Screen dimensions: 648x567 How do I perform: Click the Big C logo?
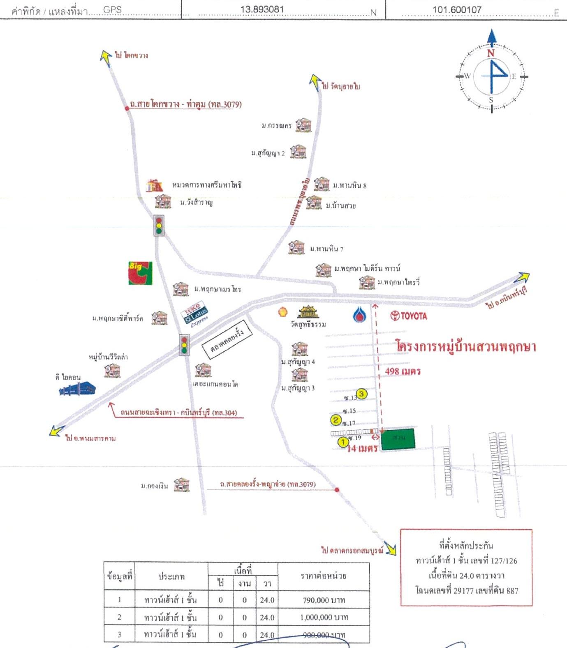click(140, 273)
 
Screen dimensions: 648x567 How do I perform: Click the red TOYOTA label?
click(409, 316)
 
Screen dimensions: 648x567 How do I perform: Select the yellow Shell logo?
click(282, 312)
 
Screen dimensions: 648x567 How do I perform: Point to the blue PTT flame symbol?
click(360, 315)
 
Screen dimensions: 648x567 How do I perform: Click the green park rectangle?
click(398, 439)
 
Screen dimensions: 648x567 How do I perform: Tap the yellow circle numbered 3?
click(361, 394)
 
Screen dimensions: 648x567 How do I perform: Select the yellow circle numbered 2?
click(336, 420)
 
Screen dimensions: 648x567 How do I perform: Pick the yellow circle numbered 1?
click(343, 442)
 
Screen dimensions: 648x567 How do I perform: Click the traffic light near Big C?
click(159, 226)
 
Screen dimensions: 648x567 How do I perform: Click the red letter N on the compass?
click(491, 53)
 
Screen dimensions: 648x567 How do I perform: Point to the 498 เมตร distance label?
click(403, 371)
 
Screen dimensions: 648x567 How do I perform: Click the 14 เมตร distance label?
click(362, 448)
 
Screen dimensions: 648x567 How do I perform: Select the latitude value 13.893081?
click(262, 9)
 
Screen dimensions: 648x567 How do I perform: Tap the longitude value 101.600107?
click(457, 9)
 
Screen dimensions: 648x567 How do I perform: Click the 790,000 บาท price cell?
click(324, 600)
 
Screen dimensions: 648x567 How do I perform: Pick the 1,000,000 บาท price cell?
click(324, 617)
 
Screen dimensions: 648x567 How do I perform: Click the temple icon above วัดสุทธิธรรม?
click(308, 312)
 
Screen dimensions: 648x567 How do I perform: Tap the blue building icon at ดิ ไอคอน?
click(78, 389)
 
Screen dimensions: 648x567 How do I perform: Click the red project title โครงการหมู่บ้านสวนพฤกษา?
click(466, 346)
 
